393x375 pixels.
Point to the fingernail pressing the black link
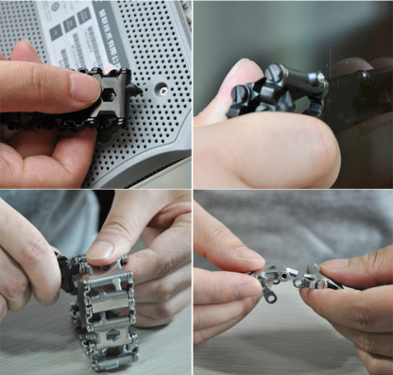[x=83, y=86]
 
